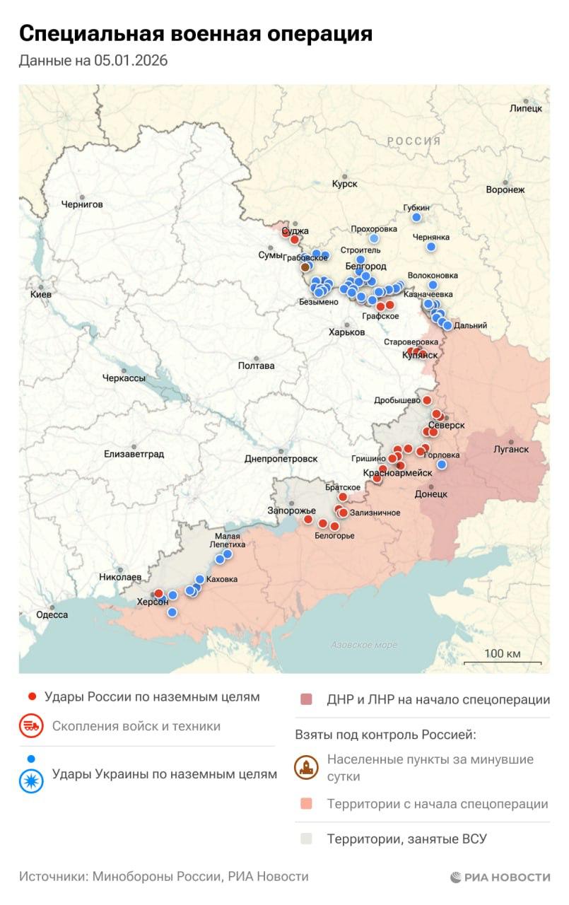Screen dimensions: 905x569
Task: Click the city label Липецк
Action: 525,108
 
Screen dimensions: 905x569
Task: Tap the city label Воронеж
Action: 505,189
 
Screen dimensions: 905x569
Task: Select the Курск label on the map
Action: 344,184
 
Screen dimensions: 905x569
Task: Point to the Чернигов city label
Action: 81,204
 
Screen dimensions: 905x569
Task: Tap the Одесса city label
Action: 52,614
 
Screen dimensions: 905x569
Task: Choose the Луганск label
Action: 510,449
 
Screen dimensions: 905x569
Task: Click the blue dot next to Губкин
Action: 416,217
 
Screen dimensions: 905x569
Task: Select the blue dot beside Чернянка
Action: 431,247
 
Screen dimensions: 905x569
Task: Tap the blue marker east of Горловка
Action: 442,465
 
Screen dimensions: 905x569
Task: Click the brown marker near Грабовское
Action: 305,267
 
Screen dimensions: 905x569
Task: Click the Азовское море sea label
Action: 364,645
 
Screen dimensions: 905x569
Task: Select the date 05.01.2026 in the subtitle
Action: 131,61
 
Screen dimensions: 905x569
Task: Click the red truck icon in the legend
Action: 31,726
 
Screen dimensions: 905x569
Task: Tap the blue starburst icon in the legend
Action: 31,780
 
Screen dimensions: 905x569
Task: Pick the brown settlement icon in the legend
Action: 305,768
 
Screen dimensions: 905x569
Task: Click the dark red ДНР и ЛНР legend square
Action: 305,700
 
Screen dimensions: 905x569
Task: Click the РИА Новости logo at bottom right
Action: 500,877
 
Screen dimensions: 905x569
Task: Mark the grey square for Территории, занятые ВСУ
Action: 305,839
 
